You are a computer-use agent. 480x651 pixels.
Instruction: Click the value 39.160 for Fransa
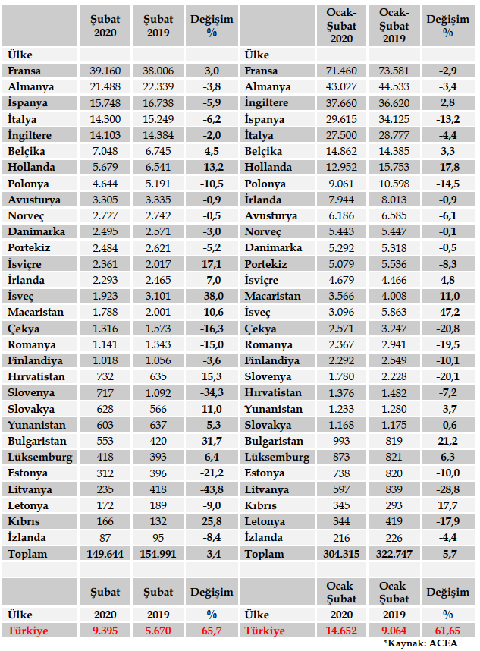click(x=105, y=71)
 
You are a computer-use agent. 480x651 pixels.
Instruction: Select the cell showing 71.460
click(x=341, y=71)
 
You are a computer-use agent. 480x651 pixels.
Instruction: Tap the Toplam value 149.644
click(x=105, y=554)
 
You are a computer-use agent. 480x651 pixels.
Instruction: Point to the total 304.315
click(x=341, y=554)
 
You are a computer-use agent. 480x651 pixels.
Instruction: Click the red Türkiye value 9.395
click(x=105, y=631)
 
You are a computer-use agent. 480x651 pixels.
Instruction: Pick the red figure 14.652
click(x=341, y=631)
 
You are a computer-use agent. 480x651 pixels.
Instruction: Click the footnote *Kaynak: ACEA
click(x=438, y=643)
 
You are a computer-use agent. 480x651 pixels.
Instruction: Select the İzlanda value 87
click(x=105, y=538)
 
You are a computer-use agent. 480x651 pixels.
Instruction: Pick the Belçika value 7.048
click(x=105, y=151)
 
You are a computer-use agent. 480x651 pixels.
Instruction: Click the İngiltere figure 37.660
click(x=341, y=103)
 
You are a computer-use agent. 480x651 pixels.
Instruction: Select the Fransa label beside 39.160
click(x=24, y=71)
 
